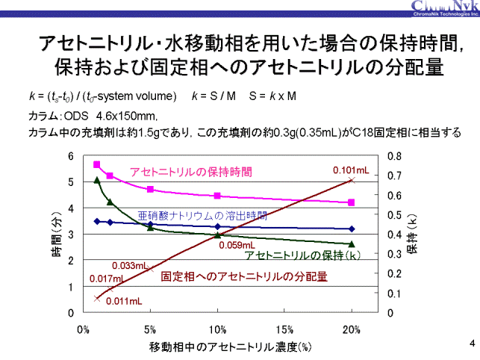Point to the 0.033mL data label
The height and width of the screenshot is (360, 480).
tap(129, 265)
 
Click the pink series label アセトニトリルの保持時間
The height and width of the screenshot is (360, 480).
tap(191, 172)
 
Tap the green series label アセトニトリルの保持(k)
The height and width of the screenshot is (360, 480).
tap(304, 255)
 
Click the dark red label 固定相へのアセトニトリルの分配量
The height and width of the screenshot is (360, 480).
tap(244, 276)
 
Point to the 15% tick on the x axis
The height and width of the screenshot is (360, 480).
tap(285, 329)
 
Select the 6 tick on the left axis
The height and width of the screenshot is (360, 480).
tap(70, 156)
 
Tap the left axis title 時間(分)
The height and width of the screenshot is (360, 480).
tap(57, 242)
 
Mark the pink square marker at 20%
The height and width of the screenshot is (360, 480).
tap(352, 202)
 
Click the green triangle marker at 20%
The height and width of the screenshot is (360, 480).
tap(352, 244)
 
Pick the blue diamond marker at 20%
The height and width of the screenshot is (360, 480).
tap(352, 229)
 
